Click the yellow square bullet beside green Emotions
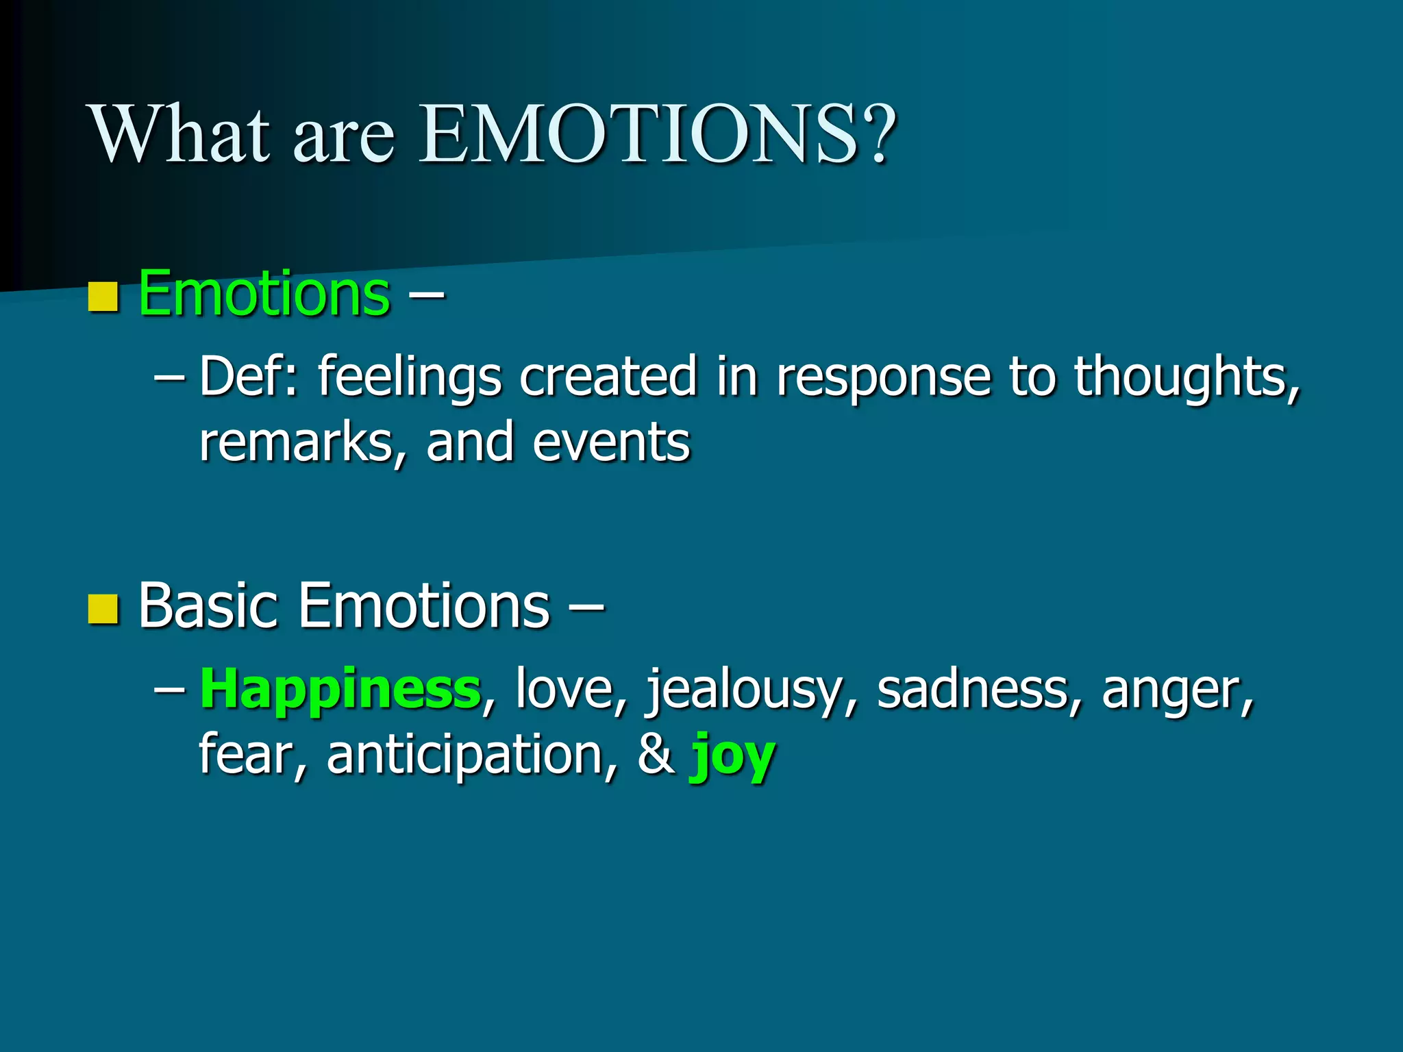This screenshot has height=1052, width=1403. point(104,297)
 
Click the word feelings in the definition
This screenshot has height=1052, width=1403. point(409,377)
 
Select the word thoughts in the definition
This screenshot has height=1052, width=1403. point(1186,377)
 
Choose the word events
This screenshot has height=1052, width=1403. point(611,442)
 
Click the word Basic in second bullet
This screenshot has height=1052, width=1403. point(208,605)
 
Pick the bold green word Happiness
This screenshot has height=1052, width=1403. point(340,689)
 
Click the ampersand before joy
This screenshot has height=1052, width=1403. point(656,753)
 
